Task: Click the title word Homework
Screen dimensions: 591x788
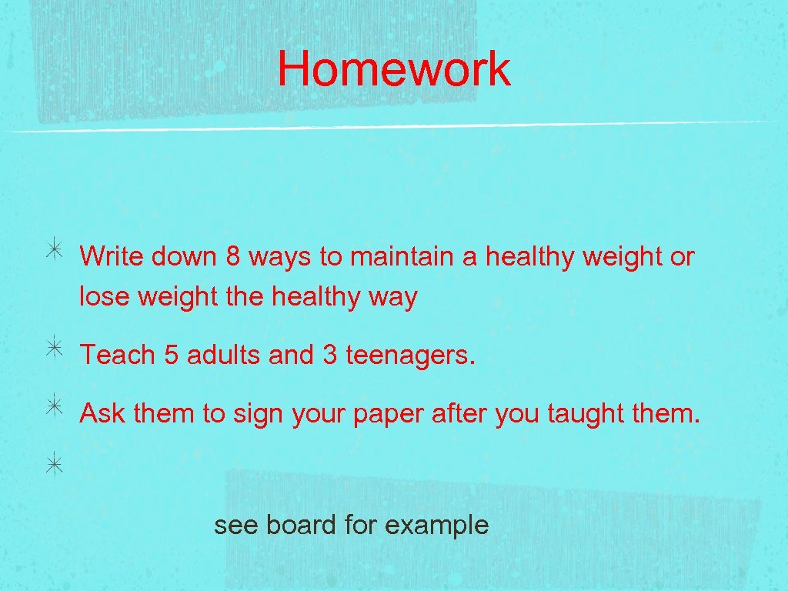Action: [x=393, y=68]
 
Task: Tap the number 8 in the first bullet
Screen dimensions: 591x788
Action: [x=232, y=257]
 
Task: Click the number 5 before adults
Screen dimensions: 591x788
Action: [x=171, y=356]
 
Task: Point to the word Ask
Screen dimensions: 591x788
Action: [x=102, y=414]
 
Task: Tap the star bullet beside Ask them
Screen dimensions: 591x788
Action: [x=56, y=407]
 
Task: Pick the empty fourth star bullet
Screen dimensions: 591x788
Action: [x=56, y=464]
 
